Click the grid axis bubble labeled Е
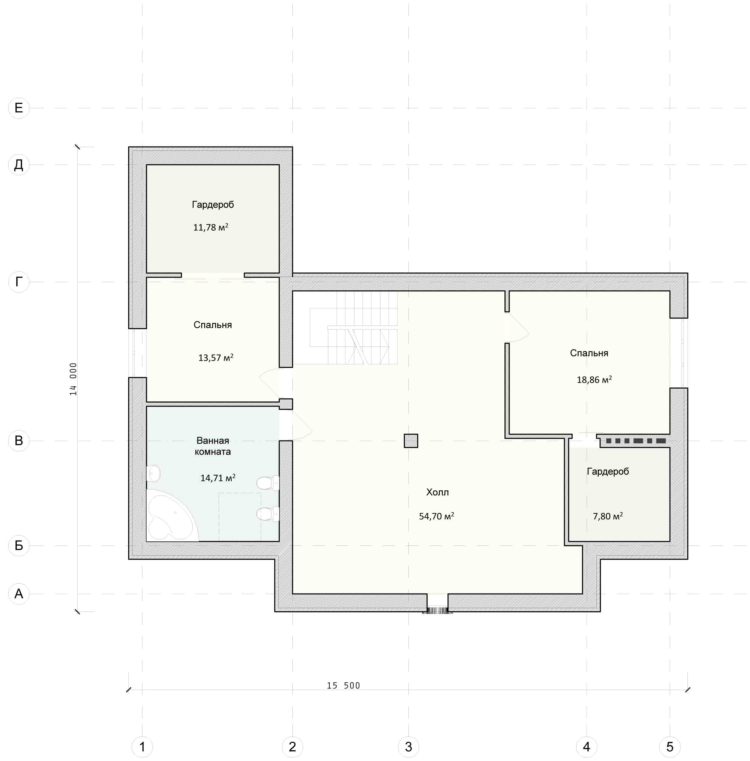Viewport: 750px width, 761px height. click(19, 108)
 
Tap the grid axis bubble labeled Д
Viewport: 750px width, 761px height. click(19, 165)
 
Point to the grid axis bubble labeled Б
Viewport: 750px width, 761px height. click(19, 545)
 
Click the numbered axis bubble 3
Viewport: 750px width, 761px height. click(408, 746)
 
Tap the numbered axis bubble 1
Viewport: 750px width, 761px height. click(142, 746)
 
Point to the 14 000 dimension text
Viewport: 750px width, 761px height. click(73, 379)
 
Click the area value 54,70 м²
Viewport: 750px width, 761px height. click(437, 516)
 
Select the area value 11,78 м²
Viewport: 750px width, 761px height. click(211, 227)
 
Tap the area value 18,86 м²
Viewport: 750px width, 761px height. click(594, 379)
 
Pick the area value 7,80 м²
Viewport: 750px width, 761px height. click(608, 516)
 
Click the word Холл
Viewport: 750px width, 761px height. click(437, 492)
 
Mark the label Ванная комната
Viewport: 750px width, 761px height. click(213, 446)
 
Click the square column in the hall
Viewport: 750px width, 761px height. click(411, 441)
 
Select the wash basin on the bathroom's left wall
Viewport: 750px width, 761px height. click(154, 474)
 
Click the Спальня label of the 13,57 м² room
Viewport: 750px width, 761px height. click(213, 325)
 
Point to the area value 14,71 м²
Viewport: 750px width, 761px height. click(218, 478)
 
